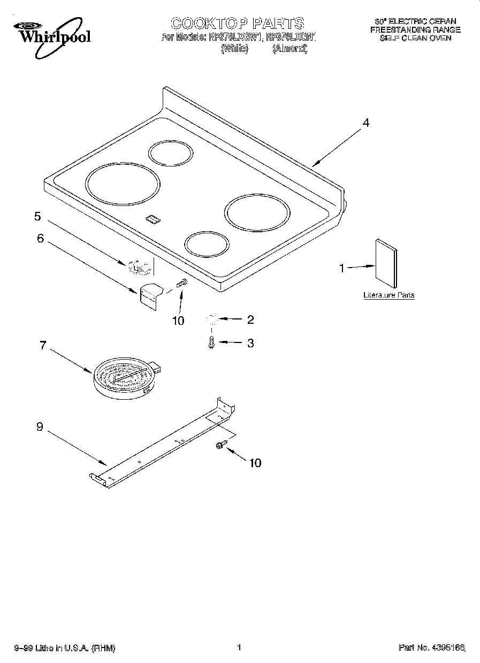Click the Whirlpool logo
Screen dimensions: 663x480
[x=52, y=33]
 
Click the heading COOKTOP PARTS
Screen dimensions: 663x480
[x=238, y=23]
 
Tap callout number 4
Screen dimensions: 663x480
[x=365, y=123]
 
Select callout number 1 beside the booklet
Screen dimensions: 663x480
[x=342, y=269]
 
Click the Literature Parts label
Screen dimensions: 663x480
[x=388, y=295]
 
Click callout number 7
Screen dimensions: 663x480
[x=43, y=345]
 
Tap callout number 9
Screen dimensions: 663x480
[x=40, y=426]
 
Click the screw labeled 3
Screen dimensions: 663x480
[x=212, y=342]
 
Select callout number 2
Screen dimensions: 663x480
[x=250, y=320]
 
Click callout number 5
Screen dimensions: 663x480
[x=37, y=216]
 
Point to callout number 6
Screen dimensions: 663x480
[x=40, y=238]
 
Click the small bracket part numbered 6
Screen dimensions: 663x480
[x=150, y=296]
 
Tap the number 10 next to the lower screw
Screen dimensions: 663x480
[x=255, y=463]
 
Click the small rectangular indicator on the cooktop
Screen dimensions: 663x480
[x=153, y=219]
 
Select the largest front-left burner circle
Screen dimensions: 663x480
[x=123, y=184]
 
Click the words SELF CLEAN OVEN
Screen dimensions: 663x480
[x=415, y=38]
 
